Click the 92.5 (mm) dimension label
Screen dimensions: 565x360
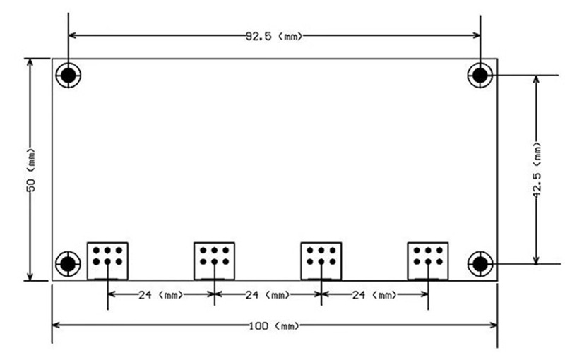[x=274, y=36]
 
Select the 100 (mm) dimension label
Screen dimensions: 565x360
[x=274, y=326]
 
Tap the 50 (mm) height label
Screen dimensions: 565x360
[x=31, y=169]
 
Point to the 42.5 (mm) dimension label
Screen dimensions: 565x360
[x=537, y=169]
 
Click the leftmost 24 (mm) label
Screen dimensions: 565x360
[x=161, y=295]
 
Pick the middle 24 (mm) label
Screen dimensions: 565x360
[x=268, y=295]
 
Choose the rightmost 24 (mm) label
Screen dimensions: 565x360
[x=374, y=295]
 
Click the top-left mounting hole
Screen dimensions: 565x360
[x=69, y=76]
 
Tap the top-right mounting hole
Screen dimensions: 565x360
[x=480, y=76]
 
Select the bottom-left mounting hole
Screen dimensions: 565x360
[x=68, y=264]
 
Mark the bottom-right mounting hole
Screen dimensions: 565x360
[x=480, y=264]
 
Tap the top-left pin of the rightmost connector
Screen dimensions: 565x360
[x=417, y=250]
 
